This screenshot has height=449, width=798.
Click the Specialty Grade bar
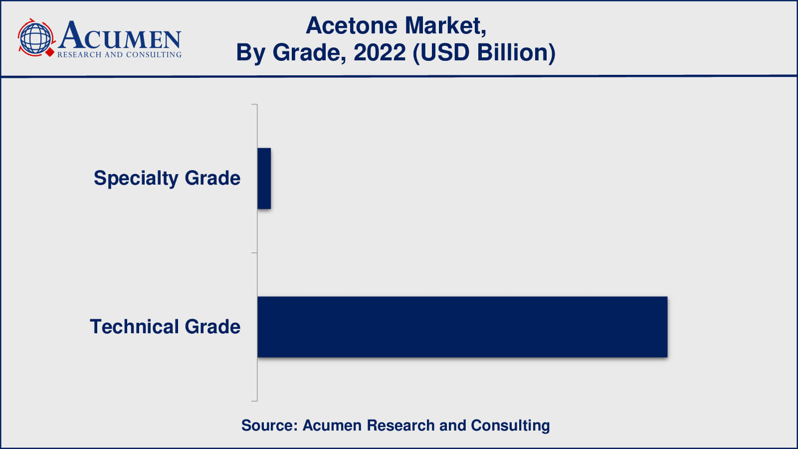pyautogui.click(x=264, y=178)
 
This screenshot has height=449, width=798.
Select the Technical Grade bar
pyautogui.click(x=462, y=327)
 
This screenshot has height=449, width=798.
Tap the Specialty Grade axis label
pyautogui.click(x=167, y=178)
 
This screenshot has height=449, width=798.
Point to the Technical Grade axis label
pyautogui.click(x=165, y=326)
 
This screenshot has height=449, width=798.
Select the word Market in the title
pyautogui.click(x=446, y=26)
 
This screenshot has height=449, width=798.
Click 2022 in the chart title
pyautogui.click(x=380, y=52)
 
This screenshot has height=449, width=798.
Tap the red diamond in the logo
pyautogui.click(x=50, y=52)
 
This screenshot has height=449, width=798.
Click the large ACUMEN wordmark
pyautogui.click(x=120, y=35)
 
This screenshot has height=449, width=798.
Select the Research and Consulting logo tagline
pyautogui.click(x=119, y=54)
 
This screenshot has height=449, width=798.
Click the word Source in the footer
pyautogui.click(x=269, y=426)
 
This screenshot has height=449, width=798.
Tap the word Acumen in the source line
pyautogui.click(x=332, y=426)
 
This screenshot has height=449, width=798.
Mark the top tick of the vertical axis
pyautogui.click(x=254, y=104)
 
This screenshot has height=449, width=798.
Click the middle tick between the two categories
pyautogui.click(x=254, y=252)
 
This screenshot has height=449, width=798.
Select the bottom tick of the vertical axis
pyautogui.click(x=254, y=401)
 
